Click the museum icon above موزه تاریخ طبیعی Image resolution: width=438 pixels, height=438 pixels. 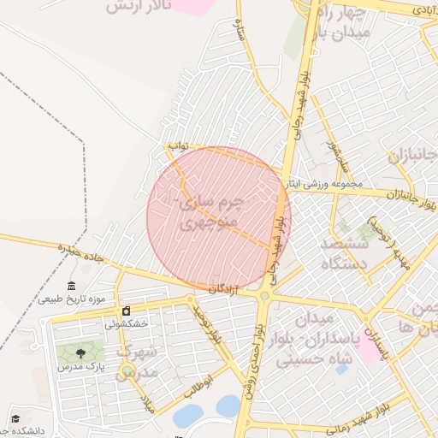tap(71, 286)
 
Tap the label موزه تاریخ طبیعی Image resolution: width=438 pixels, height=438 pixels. tap(72, 299)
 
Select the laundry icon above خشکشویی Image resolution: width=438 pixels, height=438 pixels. tap(127, 311)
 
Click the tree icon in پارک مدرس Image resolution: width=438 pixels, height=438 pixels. tap(80, 353)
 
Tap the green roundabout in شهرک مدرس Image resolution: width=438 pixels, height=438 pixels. tap(127, 370)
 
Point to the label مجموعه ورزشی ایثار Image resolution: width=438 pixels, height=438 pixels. tap(328, 183)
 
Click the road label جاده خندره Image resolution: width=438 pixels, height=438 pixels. tap(80, 252)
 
